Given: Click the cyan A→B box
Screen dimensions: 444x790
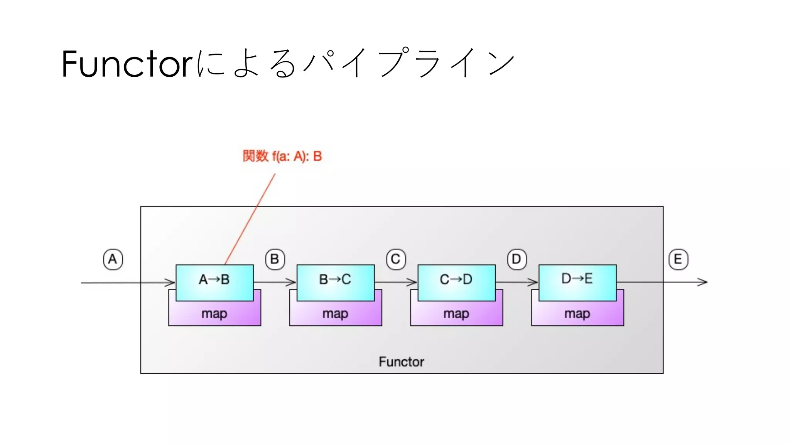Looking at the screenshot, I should tap(214, 282).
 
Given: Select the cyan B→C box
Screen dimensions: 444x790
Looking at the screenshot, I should tap(335, 282).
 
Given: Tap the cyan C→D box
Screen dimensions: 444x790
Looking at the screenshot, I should tap(456, 282).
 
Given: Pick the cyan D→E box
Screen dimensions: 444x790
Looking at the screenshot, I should tap(577, 282).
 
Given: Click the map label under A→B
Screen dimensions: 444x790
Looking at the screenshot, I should tap(214, 314).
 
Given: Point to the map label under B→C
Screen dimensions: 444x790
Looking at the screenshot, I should tap(335, 314).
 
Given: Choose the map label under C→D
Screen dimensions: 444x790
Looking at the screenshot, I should tap(456, 314).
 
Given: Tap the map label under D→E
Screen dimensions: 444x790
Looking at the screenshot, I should tap(577, 314).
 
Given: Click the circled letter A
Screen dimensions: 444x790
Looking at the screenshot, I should tap(113, 259).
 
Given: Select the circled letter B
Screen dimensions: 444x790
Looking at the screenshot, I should tap(275, 259).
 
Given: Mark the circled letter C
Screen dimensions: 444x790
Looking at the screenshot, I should tap(396, 259).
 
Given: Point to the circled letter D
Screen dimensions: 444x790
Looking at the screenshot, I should tap(517, 259).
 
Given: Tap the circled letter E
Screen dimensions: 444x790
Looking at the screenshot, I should tap(678, 259).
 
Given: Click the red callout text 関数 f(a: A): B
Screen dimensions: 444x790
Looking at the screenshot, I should tap(282, 156).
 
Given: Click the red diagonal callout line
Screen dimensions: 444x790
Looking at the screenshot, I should tap(250, 219).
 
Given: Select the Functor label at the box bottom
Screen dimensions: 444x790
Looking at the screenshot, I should tap(401, 362).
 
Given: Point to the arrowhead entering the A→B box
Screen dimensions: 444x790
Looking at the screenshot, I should tap(171, 283).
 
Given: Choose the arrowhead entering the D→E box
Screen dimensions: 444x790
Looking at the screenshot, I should tap(534, 283).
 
